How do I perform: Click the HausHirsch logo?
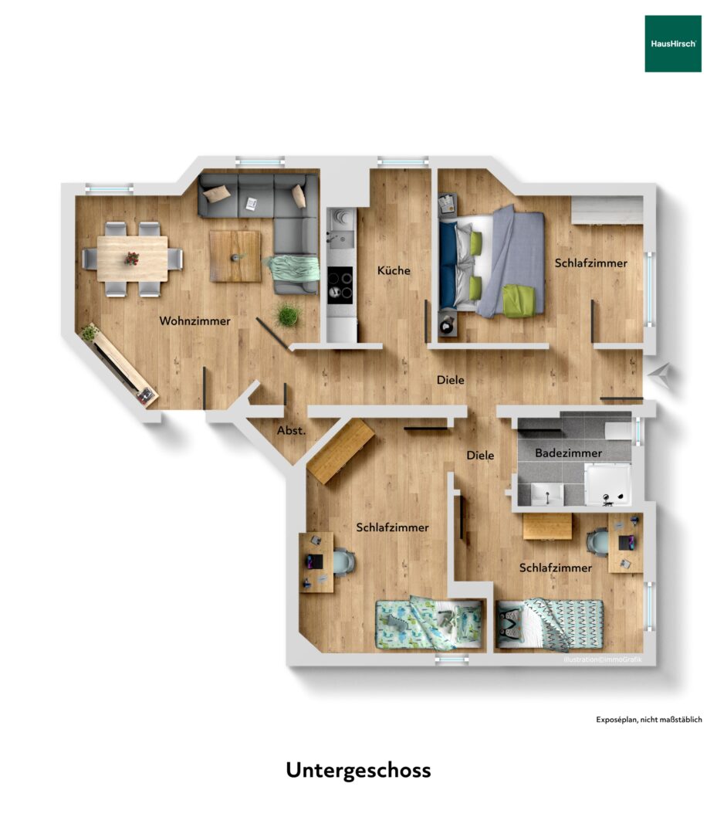[673, 43]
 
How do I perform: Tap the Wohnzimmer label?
[194, 320]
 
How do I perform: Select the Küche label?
[394, 270]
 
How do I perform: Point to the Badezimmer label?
[568, 453]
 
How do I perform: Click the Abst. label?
[291, 430]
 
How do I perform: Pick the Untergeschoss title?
[358, 771]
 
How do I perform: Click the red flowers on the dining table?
[131, 259]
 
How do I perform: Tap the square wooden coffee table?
[235, 256]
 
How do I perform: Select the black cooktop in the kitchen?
[340, 285]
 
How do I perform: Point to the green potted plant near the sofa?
[287, 315]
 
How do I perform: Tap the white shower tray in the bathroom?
[608, 484]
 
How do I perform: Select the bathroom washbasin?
[547, 494]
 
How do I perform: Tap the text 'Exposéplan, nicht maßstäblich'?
[648, 720]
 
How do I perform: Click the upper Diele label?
[450, 380]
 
